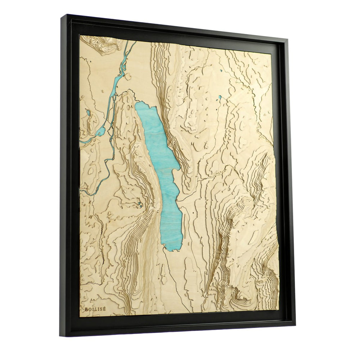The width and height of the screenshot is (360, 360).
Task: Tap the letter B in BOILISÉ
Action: [86, 309]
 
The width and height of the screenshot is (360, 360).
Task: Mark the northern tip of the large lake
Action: [138, 103]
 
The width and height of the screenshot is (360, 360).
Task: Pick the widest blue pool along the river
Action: [101, 131]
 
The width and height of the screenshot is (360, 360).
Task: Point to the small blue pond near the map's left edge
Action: [89, 113]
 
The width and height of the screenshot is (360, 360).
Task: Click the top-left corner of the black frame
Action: [61, 15]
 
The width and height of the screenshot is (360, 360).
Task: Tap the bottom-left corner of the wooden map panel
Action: [80, 317]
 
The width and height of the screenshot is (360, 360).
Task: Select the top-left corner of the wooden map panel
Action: [80, 35]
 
